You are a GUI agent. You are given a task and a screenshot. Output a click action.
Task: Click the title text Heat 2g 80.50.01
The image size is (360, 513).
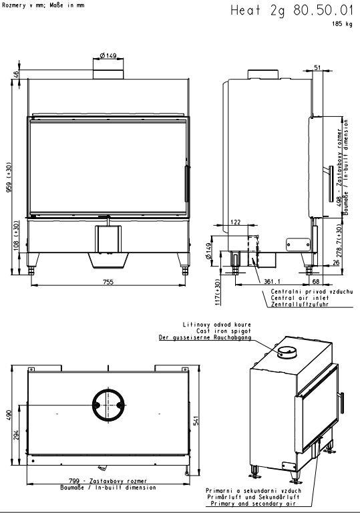point(292,11)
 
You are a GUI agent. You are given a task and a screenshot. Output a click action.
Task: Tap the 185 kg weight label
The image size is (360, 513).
point(343,24)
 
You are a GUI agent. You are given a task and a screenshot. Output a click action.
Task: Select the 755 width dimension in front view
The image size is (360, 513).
point(108,281)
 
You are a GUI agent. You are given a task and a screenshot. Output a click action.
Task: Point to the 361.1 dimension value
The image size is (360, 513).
point(272,281)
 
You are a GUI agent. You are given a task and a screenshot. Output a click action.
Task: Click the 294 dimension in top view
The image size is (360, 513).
point(16,434)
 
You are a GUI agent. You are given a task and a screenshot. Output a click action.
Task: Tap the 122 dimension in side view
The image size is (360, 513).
point(235,222)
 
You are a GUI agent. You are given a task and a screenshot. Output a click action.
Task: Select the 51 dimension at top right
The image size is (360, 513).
point(317,67)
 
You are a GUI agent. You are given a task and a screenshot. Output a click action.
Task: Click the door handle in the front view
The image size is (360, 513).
point(187,184)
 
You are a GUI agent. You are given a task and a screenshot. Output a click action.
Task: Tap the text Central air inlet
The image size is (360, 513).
point(300,298)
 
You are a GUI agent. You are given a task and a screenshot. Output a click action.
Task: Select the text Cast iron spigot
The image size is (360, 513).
point(224,331)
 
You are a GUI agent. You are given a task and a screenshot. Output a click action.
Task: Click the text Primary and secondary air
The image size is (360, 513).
point(253,504)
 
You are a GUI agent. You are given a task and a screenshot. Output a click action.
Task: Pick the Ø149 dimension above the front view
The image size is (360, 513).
point(108,56)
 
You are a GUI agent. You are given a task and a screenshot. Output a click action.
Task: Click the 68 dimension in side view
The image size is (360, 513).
point(316,281)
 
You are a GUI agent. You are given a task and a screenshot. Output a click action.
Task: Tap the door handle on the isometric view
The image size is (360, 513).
point(342,403)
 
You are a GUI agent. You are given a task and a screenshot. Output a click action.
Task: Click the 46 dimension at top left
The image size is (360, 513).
point(16,74)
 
